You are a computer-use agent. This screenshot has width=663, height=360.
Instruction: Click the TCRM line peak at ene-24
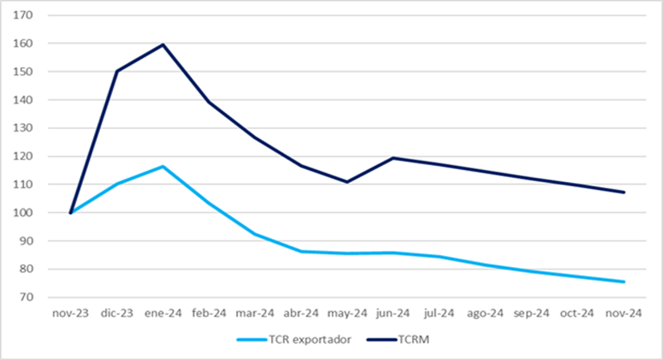point(164,44)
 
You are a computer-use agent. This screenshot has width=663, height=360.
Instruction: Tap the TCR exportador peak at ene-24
point(164,166)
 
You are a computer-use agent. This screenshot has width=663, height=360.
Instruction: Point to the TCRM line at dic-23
point(117,71)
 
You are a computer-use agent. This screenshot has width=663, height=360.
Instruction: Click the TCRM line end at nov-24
point(625,192)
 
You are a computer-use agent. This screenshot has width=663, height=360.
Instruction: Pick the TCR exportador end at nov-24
point(625,281)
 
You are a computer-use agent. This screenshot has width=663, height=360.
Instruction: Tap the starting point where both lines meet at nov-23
point(71,212)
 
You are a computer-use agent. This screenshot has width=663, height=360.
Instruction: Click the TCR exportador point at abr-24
point(301,251)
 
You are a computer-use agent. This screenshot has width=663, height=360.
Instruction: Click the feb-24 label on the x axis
point(209,313)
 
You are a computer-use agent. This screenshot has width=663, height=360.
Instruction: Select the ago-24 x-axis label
point(486,313)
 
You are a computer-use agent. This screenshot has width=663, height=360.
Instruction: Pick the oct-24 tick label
point(578,313)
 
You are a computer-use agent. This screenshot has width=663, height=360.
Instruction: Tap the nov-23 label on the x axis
point(71,313)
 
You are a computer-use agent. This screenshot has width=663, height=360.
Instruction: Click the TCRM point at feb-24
point(209,102)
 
